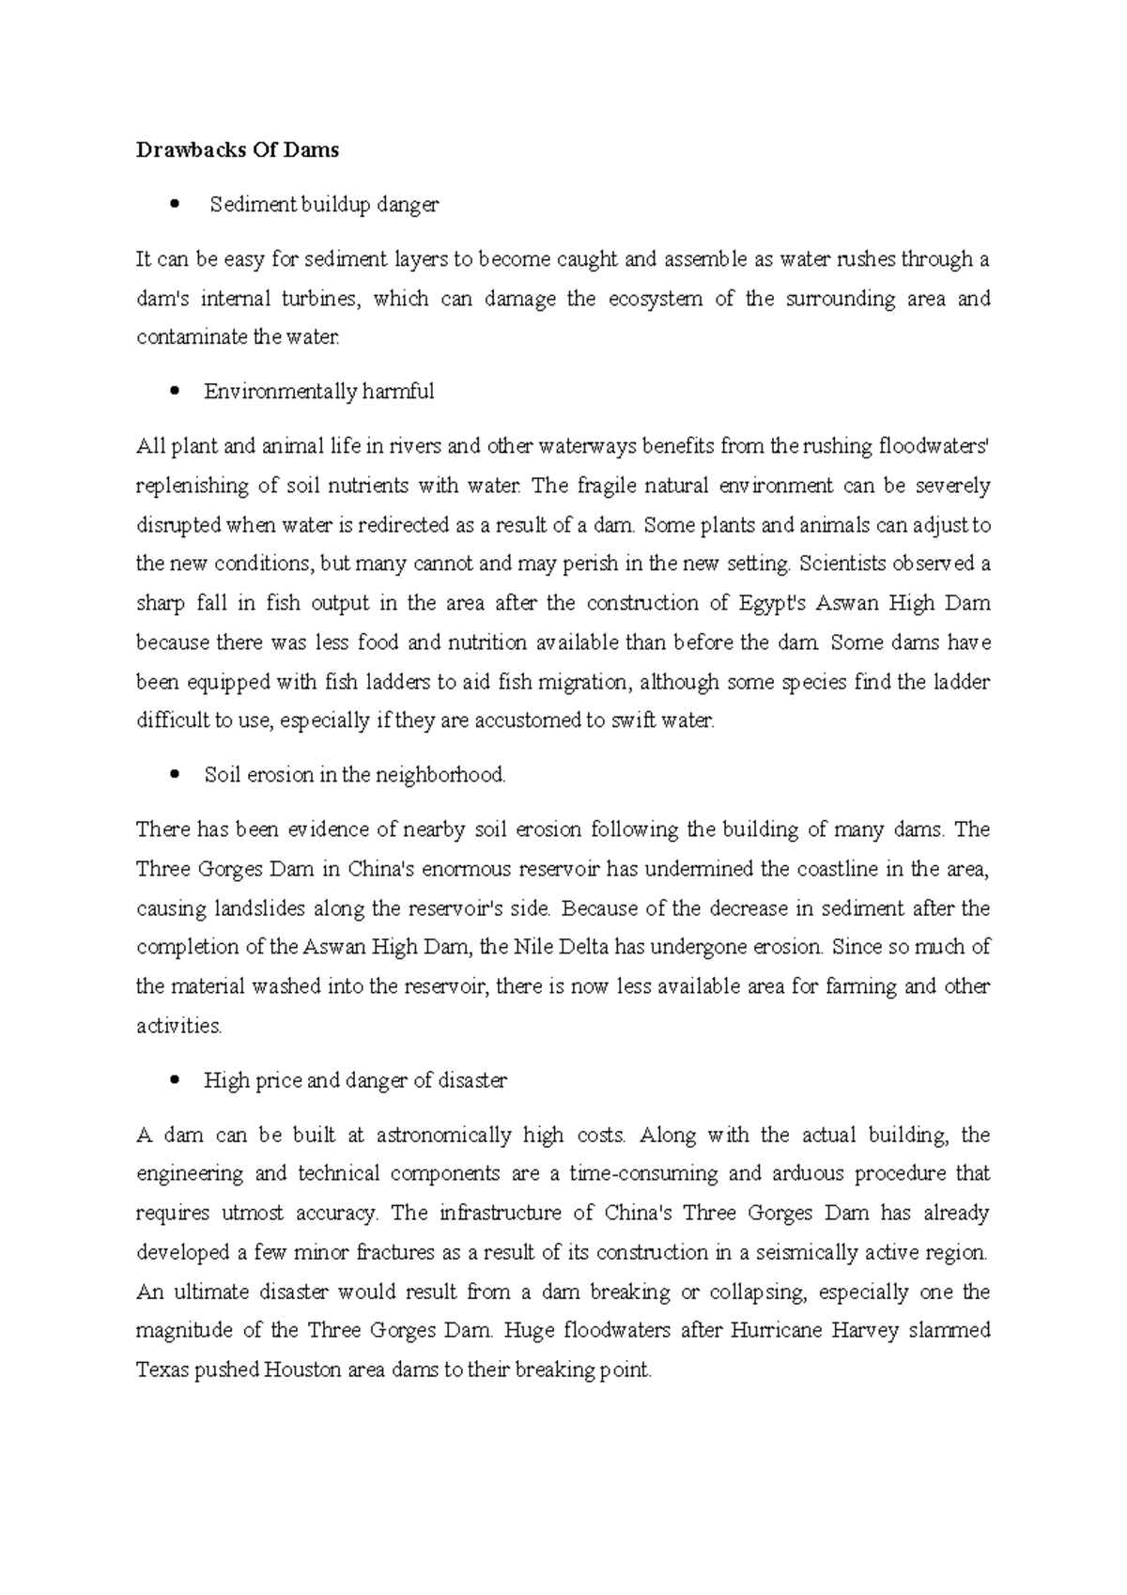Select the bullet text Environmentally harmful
[x=318, y=392]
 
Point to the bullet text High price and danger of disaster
[x=355, y=1081]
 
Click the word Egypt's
[x=771, y=603]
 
